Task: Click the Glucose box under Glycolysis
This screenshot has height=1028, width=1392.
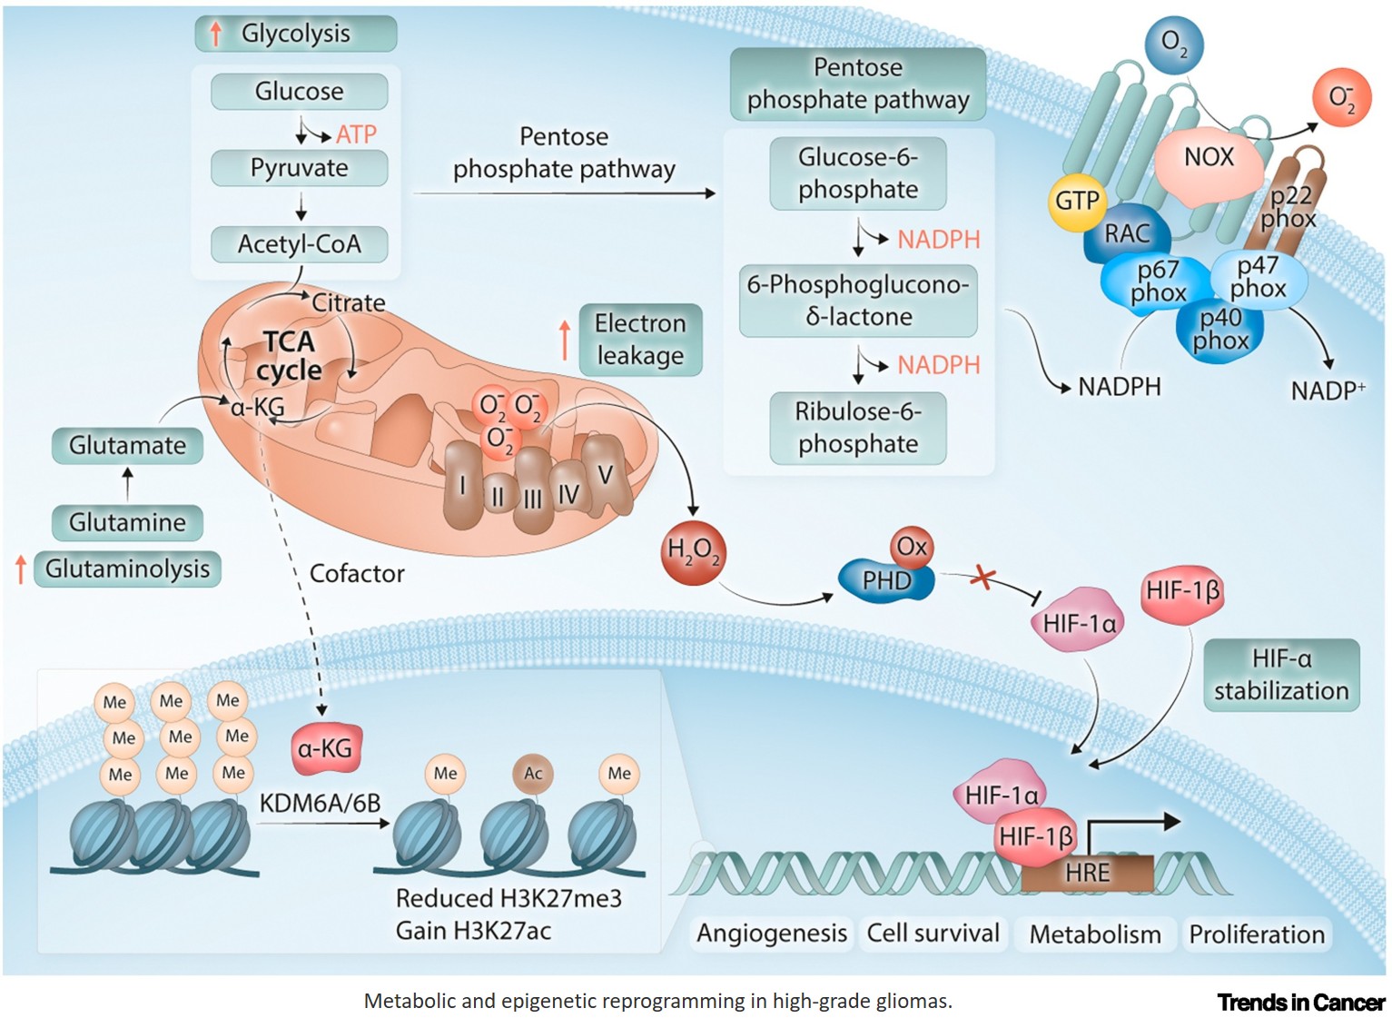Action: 299,92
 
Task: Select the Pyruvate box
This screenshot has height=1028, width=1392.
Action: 299,168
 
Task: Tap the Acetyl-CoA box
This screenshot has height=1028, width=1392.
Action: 299,244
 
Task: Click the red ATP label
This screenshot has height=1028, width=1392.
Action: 356,134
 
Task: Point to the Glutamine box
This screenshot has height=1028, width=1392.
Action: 127,523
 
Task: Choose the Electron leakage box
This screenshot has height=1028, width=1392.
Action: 640,340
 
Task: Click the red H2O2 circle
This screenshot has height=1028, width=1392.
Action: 693,551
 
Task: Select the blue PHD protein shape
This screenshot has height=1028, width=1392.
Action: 883,580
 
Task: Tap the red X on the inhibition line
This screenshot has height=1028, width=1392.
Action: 982,576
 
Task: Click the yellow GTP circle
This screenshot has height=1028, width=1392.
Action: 1077,200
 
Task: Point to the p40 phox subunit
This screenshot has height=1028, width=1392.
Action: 1219,330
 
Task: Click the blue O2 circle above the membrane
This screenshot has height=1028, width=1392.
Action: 1173,43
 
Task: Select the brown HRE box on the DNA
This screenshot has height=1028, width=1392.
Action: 1087,873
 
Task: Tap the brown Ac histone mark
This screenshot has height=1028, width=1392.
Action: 533,774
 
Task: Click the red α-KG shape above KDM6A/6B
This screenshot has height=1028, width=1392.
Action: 325,748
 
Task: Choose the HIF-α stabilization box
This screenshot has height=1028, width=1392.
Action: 1281,675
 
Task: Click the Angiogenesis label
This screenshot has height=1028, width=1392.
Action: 771,934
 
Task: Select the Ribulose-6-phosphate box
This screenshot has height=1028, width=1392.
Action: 858,428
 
